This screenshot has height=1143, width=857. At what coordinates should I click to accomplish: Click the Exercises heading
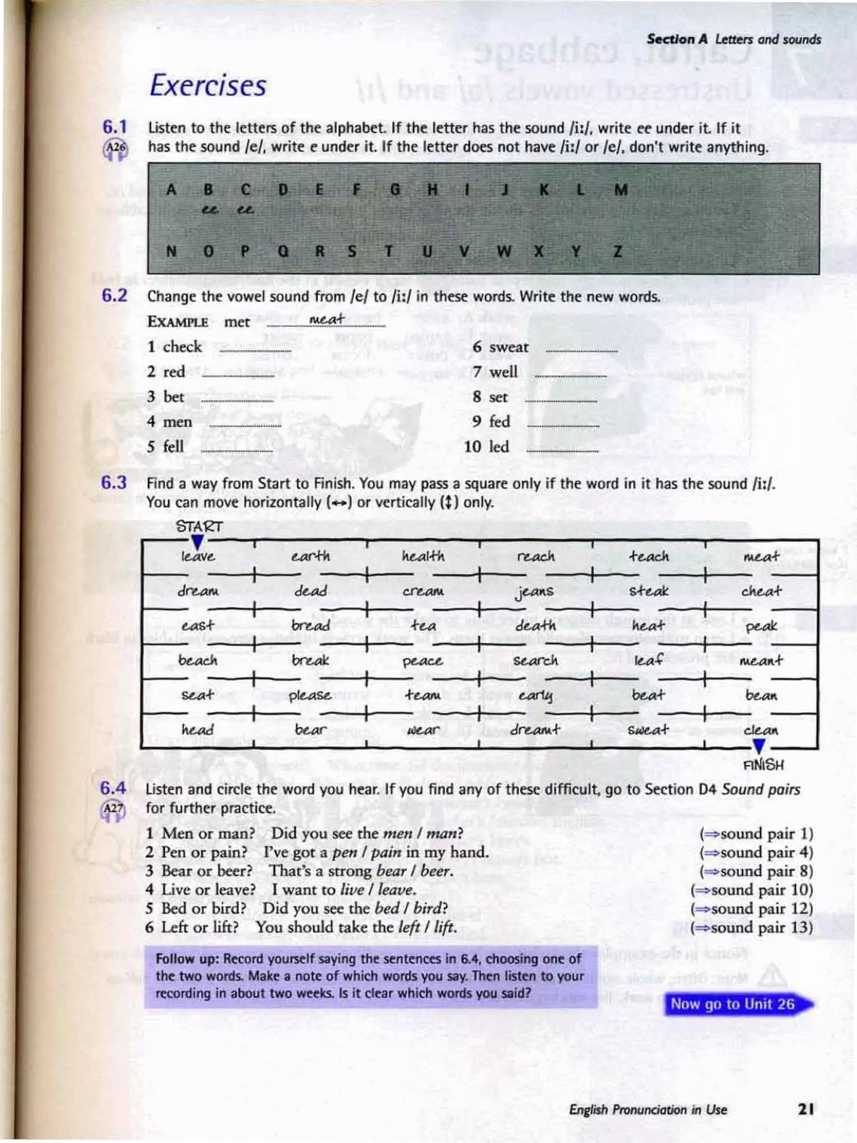[208, 85]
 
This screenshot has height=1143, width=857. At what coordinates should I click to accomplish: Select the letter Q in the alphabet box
[282, 252]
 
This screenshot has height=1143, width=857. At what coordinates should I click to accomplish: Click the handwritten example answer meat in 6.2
[326, 319]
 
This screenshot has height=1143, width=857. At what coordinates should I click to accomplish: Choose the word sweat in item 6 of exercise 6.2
[509, 347]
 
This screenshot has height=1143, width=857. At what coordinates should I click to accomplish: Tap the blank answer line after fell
[236, 449]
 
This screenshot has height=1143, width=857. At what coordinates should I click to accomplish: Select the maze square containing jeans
[535, 591]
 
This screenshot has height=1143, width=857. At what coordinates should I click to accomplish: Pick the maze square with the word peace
[423, 661]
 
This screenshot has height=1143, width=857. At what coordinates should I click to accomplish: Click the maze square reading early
[535, 696]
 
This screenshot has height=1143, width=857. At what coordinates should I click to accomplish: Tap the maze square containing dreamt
[535, 730]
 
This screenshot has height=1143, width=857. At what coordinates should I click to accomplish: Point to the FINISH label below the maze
[763, 765]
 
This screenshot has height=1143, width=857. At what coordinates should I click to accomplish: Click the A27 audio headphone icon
[113, 810]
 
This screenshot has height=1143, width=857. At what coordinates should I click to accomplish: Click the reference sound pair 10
[752, 890]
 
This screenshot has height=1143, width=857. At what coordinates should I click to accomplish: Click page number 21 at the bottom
[806, 1109]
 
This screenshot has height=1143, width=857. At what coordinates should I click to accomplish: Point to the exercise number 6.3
[114, 483]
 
